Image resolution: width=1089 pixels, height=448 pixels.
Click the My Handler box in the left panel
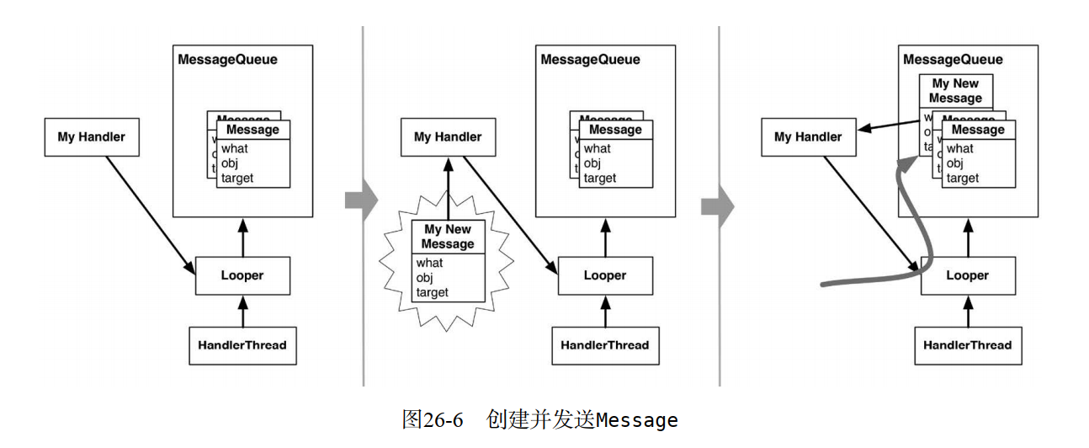(91, 137)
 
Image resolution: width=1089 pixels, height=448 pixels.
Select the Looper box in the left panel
(242, 275)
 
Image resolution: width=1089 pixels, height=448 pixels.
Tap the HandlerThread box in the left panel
(242, 345)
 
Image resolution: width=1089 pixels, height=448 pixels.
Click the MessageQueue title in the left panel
(227, 60)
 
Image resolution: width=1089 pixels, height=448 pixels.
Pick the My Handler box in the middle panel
(448, 137)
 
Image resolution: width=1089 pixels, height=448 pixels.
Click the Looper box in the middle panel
(605, 275)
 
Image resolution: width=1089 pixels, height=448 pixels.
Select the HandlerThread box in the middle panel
(605, 345)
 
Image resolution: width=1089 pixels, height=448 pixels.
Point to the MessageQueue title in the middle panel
(590, 60)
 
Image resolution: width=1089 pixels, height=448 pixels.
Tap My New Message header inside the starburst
(448, 237)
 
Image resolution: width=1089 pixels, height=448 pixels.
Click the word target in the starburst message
(433, 292)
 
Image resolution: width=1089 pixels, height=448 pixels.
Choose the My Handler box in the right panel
(808, 137)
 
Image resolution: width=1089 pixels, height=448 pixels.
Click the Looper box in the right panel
(967, 275)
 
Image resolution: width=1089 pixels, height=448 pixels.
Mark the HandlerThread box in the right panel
(967, 345)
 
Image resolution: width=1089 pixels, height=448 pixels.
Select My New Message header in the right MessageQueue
(955, 91)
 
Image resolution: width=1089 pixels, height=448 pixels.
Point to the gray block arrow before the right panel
(714, 207)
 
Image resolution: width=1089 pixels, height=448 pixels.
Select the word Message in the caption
(636, 420)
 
